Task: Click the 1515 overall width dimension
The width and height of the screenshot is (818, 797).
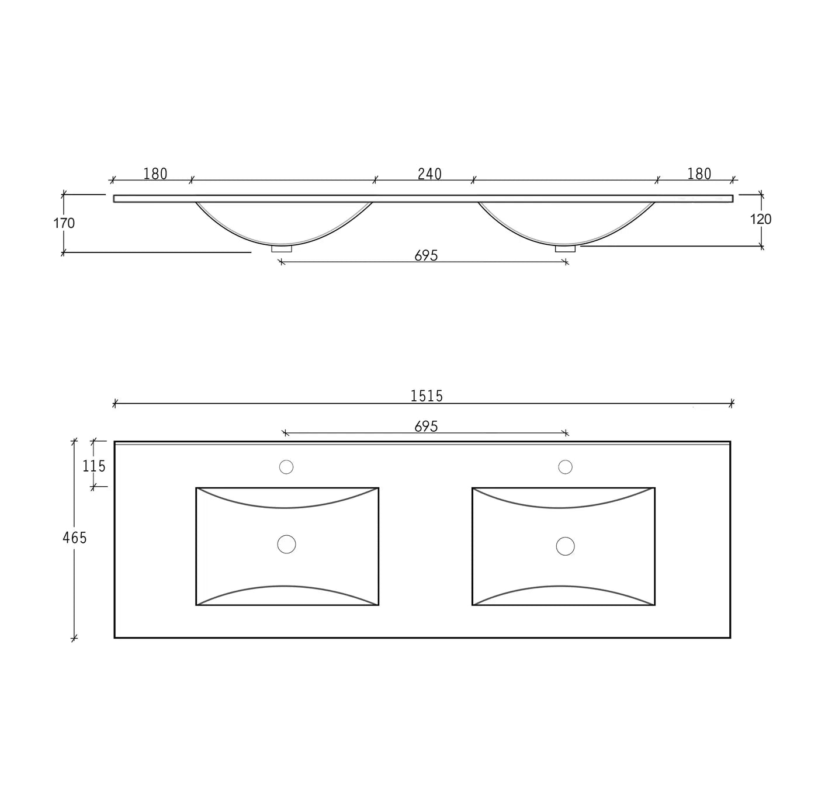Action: click(426, 396)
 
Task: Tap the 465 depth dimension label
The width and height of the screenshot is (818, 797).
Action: click(74, 538)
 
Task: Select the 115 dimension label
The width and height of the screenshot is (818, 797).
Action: click(93, 466)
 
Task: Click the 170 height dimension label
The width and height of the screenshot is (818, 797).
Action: click(64, 223)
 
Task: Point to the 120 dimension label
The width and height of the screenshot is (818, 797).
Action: click(761, 219)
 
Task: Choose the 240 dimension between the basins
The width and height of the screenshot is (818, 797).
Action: click(429, 174)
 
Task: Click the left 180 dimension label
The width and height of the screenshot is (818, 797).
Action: click(155, 174)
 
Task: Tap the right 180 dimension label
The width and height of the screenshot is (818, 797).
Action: click(699, 174)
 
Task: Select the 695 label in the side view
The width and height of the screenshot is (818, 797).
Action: click(426, 255)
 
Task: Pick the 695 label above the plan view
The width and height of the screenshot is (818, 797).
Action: click(426, 427)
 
